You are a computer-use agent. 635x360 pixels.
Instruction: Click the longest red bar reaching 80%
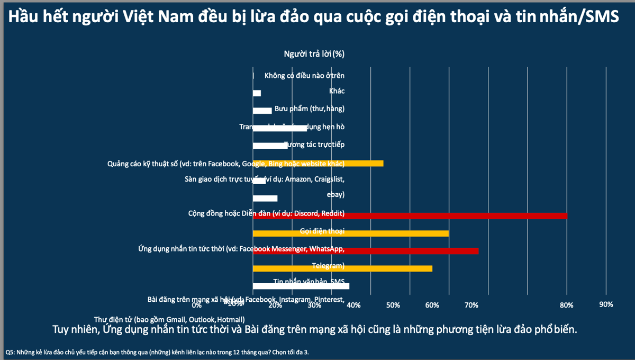tap(410, 215)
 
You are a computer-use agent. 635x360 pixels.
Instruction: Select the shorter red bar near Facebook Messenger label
tap(366, 250)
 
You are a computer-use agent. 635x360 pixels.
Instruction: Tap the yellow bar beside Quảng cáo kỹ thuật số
tap(318, 163)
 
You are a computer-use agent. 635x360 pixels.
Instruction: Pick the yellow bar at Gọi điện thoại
tap(351, 233)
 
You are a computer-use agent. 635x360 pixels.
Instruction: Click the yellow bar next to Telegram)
tap(342, 268)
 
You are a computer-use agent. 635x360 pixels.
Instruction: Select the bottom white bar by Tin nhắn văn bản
tap(301, 286)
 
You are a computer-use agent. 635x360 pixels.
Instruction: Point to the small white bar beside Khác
tap(257, 93)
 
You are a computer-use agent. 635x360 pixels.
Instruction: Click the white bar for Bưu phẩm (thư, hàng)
tap(262, 111)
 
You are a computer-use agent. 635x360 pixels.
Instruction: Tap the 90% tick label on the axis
tap(606, 304)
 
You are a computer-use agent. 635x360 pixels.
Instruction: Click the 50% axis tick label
tap(393, 305)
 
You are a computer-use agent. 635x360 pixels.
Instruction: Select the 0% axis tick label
tap(196, 305)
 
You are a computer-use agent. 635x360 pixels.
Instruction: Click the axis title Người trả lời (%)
tap(314, 53)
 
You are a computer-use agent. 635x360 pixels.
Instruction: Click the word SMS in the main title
tap(599, 17)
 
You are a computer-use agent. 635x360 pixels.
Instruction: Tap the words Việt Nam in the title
tap(147, 17)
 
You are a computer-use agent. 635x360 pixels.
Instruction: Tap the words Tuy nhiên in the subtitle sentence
tap(76, 329)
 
